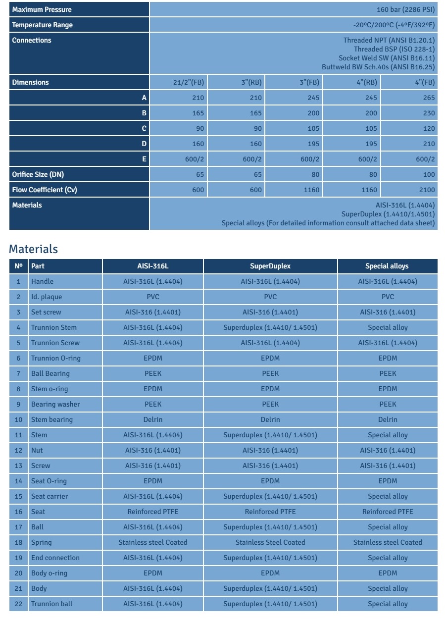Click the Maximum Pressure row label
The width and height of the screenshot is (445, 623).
tap(42, 9)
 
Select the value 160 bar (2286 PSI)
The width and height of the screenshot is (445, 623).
tap(405, 9)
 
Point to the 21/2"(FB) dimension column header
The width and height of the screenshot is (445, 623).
tap(188, 83)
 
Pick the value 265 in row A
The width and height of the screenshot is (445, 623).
tap(429, 98)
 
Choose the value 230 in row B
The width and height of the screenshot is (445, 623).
tap(429, 113)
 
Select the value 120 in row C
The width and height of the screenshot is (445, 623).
tap(429, 129)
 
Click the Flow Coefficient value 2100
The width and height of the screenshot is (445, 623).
tap(427, 190)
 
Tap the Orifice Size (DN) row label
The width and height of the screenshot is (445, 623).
tap(38, 174)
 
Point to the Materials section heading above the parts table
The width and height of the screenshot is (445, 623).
tap(33, 249)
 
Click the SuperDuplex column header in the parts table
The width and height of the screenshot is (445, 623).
tap(270, 266)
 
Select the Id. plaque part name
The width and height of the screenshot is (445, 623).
tap(47, 297)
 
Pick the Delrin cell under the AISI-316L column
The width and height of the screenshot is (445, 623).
tap(153, 419)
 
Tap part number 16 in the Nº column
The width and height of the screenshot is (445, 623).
tap(19, 512)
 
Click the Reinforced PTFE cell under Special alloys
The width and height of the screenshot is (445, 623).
tap(388, 512)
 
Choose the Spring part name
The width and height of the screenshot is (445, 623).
tap(42, 542)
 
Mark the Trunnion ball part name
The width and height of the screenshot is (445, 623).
tap(51, 604)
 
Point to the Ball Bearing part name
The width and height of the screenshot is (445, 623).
tap(50, 373)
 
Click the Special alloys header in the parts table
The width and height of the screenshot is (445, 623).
tap(387, 266)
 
